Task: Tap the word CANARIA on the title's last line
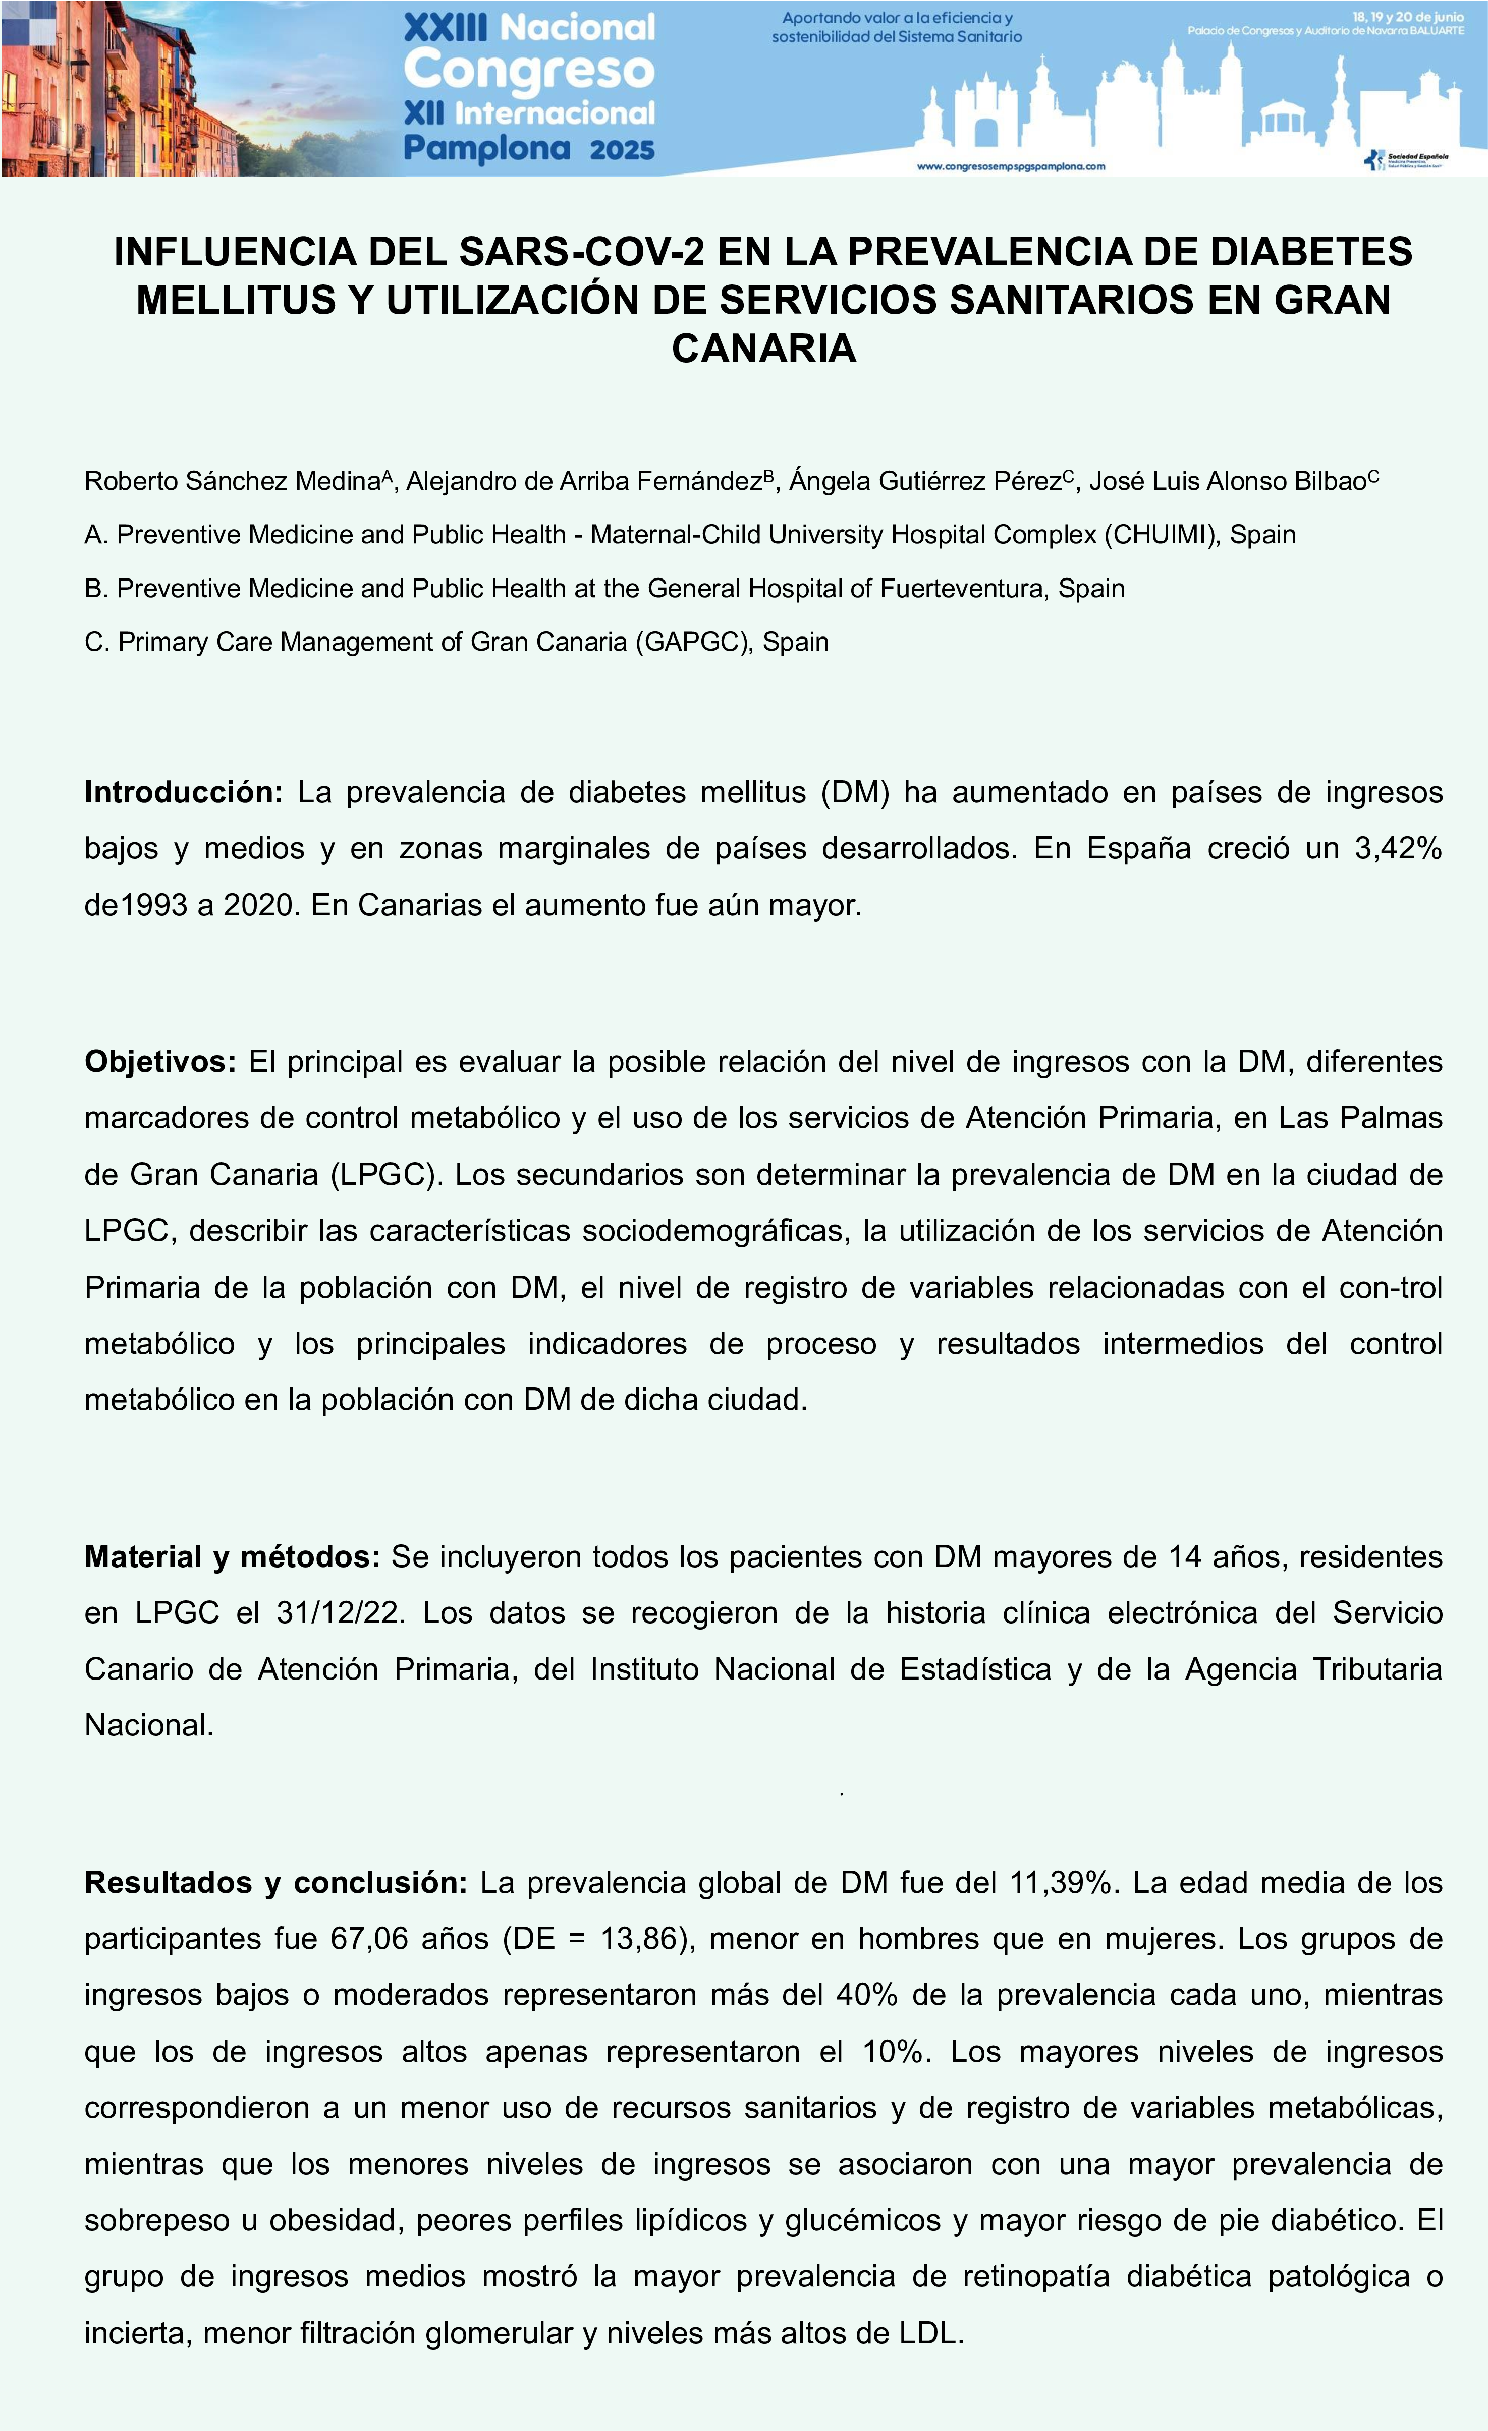[764, 349]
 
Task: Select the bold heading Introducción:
[184, 792]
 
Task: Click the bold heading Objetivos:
[160, 1062]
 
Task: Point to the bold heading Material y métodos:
[232, 1557]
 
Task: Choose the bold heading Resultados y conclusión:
[275, 1882]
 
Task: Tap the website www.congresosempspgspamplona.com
[1011, 167]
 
